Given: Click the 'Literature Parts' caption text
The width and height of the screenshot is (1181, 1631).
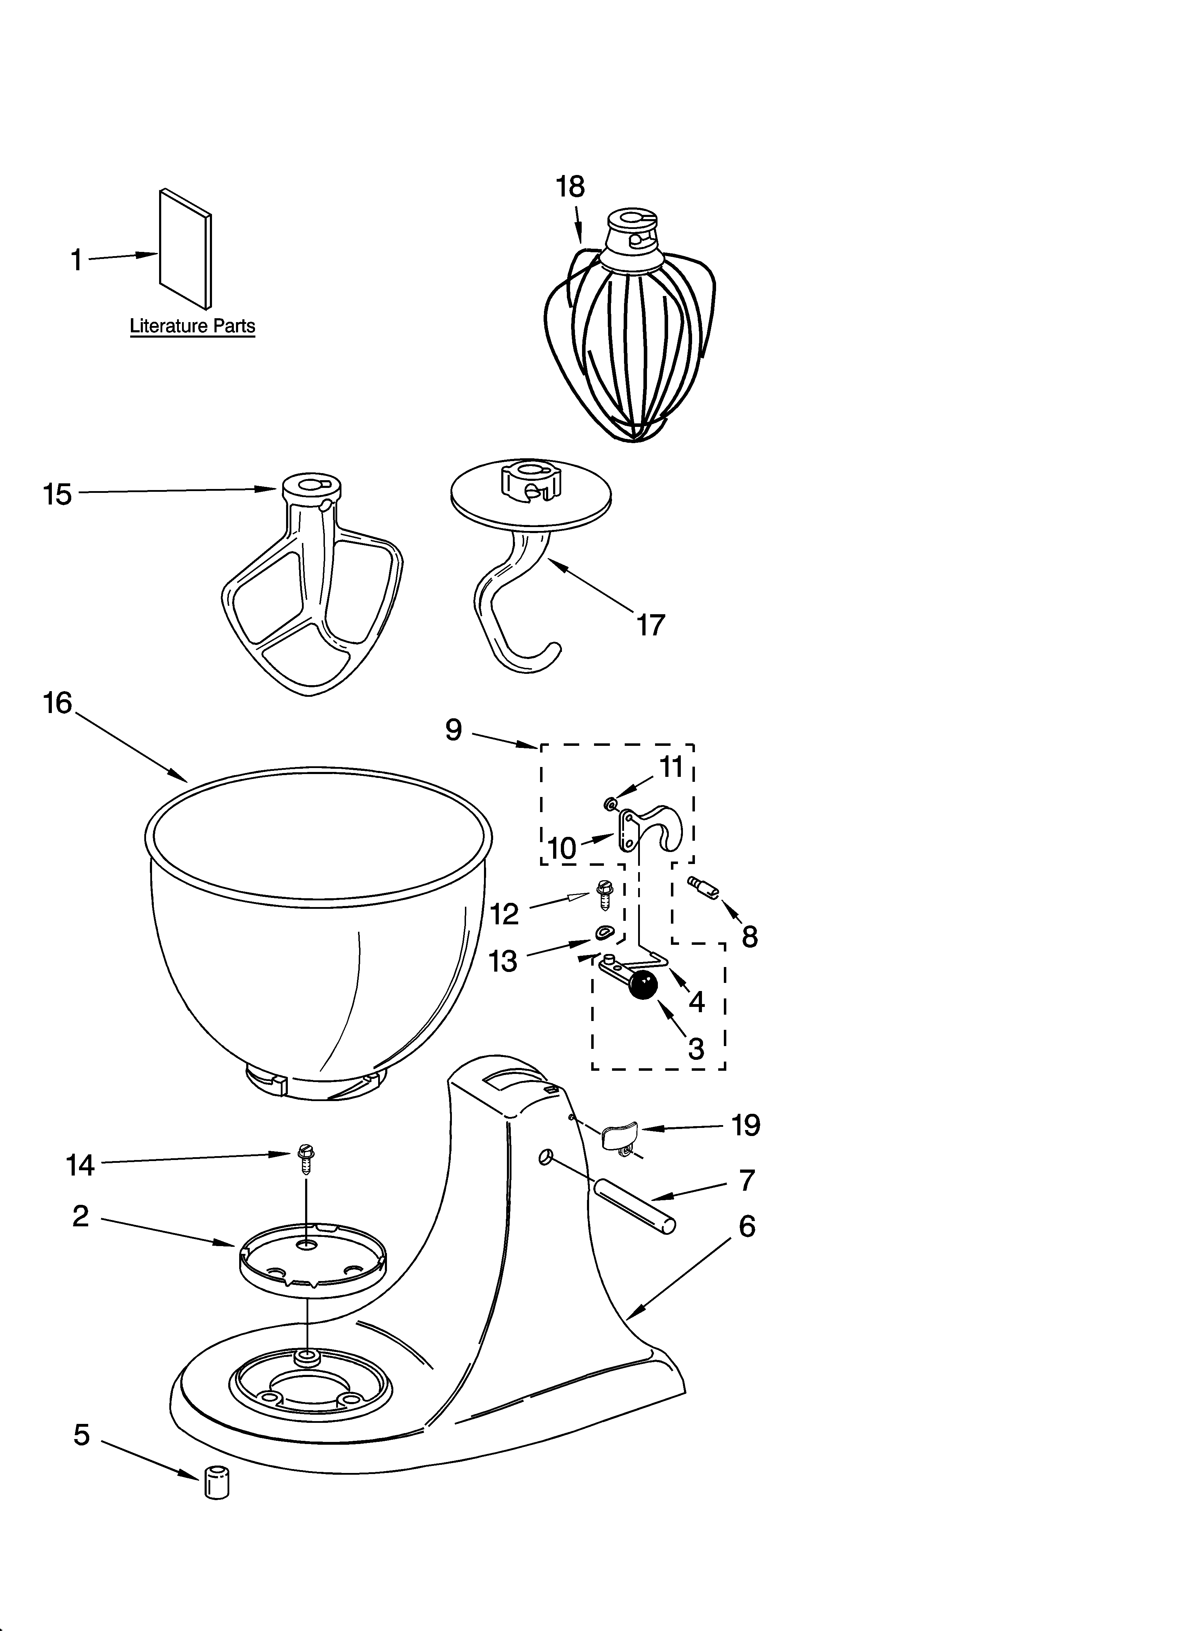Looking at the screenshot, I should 192,326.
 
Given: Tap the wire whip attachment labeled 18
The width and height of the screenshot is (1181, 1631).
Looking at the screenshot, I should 630,338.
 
